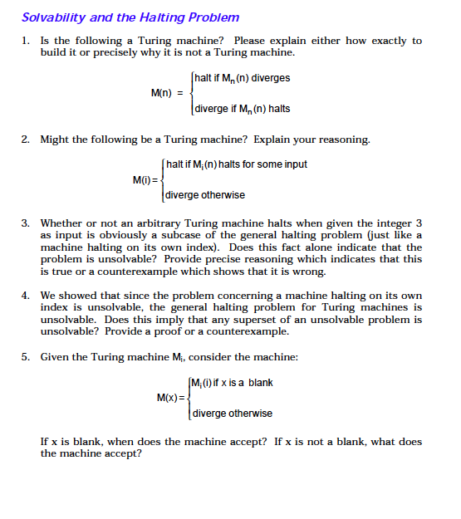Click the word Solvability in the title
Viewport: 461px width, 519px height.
[x=51, y=17]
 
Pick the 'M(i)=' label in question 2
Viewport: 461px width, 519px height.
[x=147, y=179]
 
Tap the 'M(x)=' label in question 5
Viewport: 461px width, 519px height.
[x=171, y=397]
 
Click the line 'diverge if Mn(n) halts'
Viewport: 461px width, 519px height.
[x=242, y=109]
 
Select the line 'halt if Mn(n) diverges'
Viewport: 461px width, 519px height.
[x=243, y=78]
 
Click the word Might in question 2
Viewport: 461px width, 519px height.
[x=56, y=139]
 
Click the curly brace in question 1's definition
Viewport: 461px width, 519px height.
[x=193, y=93]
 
